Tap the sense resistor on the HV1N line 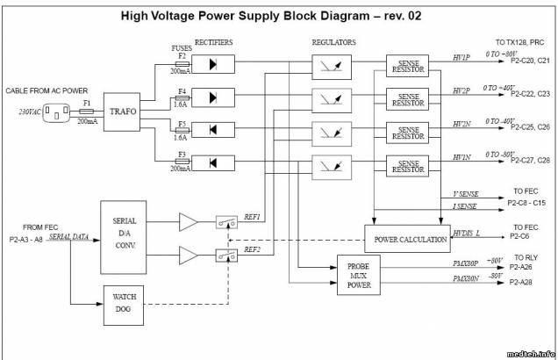(x=408, y=164)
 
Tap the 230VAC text (x=31, y=112)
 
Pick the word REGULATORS (x=333, y=41)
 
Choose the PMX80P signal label (x=465, y=263)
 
